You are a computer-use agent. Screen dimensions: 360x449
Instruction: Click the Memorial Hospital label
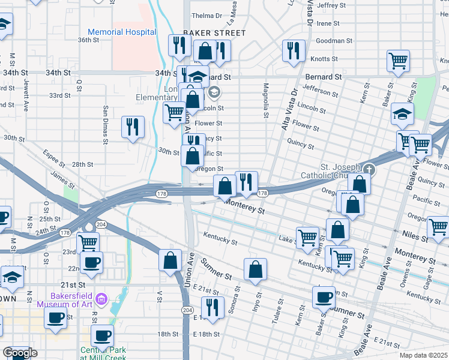pos(122,32)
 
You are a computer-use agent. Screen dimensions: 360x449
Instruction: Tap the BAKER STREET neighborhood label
pos(214,33)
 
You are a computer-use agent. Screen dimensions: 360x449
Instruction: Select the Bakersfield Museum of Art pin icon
pos(101,298)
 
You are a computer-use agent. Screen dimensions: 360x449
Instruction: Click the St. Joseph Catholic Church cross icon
pos(368,170)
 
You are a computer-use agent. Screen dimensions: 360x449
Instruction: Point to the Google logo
pos(20,353)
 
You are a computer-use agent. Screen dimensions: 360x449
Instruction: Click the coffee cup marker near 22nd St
pos(91,262)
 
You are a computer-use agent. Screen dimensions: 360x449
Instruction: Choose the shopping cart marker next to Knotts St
pos(398,61)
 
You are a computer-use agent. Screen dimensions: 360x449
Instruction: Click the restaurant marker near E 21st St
pos(212,308)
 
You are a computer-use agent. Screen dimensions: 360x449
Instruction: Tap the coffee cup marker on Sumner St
pos(324,296)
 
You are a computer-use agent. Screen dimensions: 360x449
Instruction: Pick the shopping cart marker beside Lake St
pos(308,236)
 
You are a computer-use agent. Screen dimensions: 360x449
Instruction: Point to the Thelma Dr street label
pos(206,16)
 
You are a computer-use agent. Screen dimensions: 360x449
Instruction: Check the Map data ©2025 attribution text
pos(423,355)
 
